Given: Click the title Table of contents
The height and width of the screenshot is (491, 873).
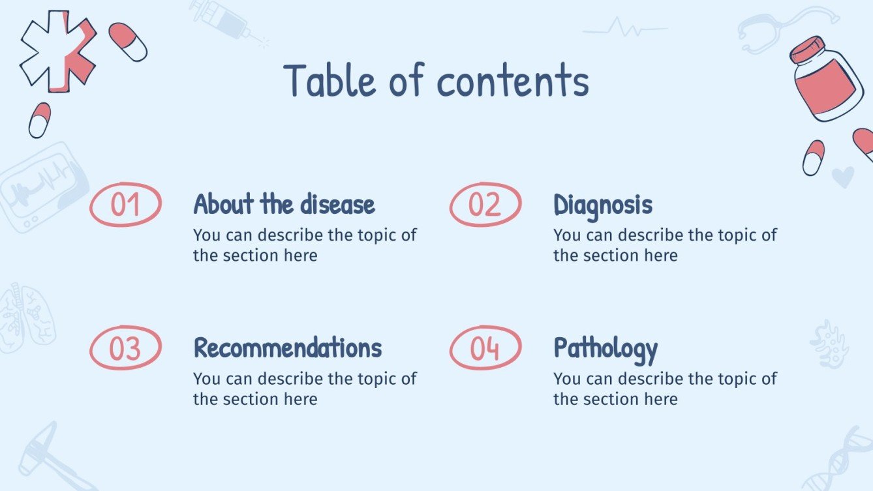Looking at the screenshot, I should pyautogui.click(x=436, y=81).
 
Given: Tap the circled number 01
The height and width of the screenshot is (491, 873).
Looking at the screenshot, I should pyautogui.click(x=125, y=205).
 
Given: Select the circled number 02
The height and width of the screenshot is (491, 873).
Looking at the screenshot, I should pyautogui.click(x=485, y=205).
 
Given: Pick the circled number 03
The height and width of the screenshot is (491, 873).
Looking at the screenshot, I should pyautogui.click(x=125, y=348).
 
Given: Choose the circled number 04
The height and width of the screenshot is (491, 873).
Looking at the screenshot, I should pyautogui.click(x=485, y=348).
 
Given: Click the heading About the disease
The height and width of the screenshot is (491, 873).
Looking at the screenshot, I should pyautogui.click(x=284, y=205).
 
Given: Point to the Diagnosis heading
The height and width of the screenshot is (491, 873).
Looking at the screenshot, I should pyautogui.click(x=602, y=205).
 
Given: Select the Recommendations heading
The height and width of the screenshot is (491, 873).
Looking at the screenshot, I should pyautogui.click(x=287, y=348).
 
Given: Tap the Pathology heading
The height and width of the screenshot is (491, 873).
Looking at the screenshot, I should pyautogui.click(x=605, y=350).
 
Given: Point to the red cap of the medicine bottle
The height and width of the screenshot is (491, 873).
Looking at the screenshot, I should pyautogui.click(x=806, y=50).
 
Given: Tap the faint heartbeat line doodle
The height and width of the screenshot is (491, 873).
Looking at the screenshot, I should pyautogui.click(x=625, y=29).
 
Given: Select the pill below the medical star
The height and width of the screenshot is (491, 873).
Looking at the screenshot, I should pyautogui.click(x=40, y=120).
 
